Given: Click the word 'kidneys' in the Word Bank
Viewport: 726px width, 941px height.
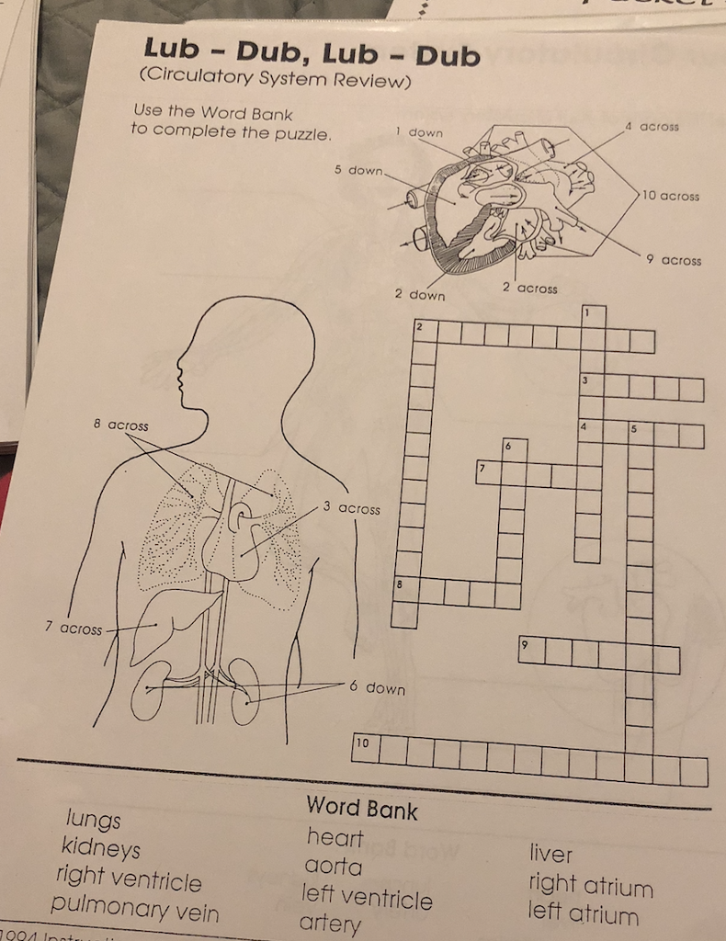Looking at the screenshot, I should [x=101, y=847].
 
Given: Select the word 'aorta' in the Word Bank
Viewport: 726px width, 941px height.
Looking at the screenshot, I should [x=333, y=866].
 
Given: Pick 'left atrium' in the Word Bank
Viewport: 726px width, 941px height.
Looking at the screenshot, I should [x=583, y=913].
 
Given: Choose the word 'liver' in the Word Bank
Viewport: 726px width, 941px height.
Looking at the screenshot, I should [x=550, y=854].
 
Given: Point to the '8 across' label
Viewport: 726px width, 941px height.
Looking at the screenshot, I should [x=120, y=425].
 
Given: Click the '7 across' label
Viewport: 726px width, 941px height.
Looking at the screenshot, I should [x=74, y=629].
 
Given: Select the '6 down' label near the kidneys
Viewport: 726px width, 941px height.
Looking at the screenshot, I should [x=377, y=687].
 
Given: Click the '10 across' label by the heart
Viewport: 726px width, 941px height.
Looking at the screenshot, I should [x=671, y=196].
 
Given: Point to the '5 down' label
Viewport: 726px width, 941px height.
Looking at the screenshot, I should [x=358, y=170].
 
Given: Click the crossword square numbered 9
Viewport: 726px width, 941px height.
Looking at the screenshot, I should [x=531, y=648].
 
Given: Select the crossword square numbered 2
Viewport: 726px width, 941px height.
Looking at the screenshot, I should [x=424, y=331].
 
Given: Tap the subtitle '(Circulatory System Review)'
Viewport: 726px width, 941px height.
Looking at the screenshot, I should [x=271, y=81].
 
